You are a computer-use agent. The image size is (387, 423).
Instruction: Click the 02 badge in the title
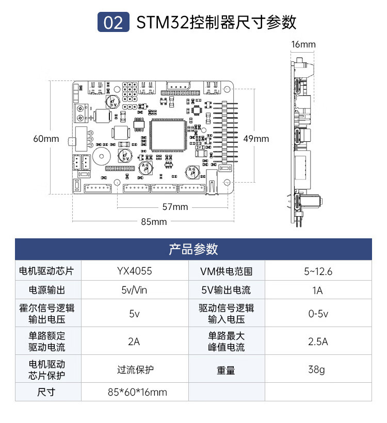tap(113, 23)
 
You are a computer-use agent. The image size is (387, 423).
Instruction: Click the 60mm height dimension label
tap(46, 139)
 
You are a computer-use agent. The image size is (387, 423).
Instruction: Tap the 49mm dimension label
tap(256, 138)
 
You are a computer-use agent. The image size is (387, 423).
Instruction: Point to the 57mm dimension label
tap(175, 207)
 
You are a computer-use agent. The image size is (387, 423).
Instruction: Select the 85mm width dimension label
tap(154, 222)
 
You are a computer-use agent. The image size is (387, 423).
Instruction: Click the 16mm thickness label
tap(303, 44)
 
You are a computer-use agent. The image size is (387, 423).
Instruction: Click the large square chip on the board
tap(167, 136)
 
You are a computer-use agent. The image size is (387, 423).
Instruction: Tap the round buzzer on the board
tap(101, 156)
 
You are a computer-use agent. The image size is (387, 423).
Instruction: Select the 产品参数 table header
tap(193, 249)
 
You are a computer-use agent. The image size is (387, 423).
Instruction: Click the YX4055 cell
tap(134, 271)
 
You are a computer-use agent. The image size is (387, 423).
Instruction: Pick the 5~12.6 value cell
tap(318, 271)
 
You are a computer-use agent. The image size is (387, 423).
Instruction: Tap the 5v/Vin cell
tap(134, 290)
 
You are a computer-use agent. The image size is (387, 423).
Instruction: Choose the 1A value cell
tap(318, 290)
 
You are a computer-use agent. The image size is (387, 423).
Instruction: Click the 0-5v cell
tap(318, 314)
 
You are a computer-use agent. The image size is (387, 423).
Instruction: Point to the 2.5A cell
tap(318, 341)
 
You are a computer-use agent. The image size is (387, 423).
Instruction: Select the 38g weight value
tap(318, 369)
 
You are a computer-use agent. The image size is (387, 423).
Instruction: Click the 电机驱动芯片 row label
tap(46, 271)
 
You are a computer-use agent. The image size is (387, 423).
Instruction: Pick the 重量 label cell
tap(226, 370)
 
